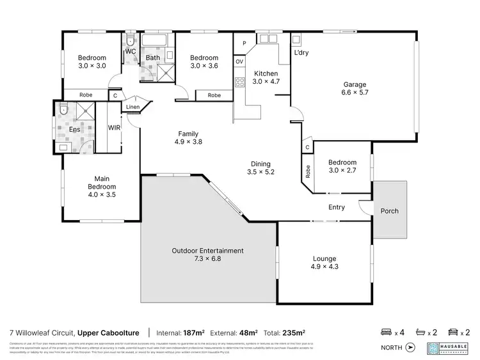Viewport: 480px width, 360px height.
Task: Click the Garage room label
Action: pos(354,84)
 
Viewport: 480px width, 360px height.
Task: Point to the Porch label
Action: pos(390,211)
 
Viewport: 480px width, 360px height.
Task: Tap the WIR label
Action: pos(114,128)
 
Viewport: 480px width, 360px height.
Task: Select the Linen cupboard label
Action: pos(132,107)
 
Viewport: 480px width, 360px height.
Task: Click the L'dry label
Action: pos(301,53)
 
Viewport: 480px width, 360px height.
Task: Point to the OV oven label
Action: pos(239,61)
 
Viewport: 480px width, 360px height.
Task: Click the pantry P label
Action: pos(244,43)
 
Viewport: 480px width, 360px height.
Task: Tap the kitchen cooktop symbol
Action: pos(241,81)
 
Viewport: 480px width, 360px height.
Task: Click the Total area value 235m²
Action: pos(294,333)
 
